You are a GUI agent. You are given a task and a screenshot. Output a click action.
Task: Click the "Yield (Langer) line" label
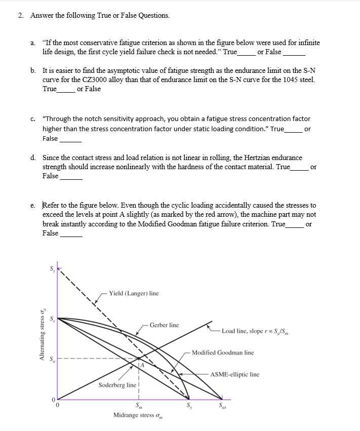coord(133,293)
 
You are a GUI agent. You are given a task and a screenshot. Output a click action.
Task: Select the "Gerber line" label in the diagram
coord(164,325)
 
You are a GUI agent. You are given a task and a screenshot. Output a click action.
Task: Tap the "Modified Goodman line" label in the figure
coord(223,352)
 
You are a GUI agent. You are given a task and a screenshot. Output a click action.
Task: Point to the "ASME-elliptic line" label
coord(234,374)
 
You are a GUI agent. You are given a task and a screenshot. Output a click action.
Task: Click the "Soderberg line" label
coord(117,385)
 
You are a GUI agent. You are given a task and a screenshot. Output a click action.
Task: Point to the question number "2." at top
coord(21,15)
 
